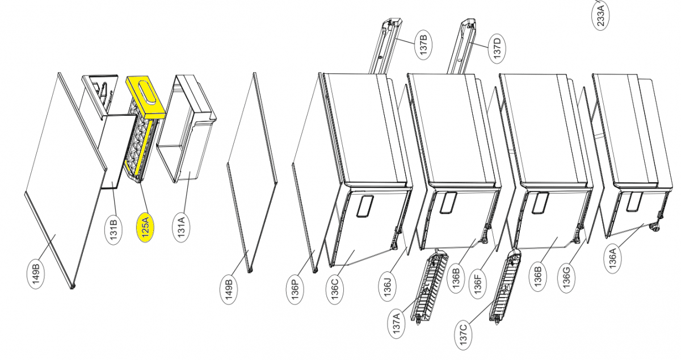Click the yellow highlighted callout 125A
coord(145,227)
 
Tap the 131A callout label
coord(181,227)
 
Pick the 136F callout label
coord(478,283)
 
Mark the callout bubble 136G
coord(566,278)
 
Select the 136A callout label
coord(612,259)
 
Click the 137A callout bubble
coord(397,324)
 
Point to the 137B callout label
coord(423,45)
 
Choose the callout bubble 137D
coord(497,49)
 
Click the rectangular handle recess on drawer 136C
coord(364,206)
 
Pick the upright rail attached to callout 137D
coord(461,46)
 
